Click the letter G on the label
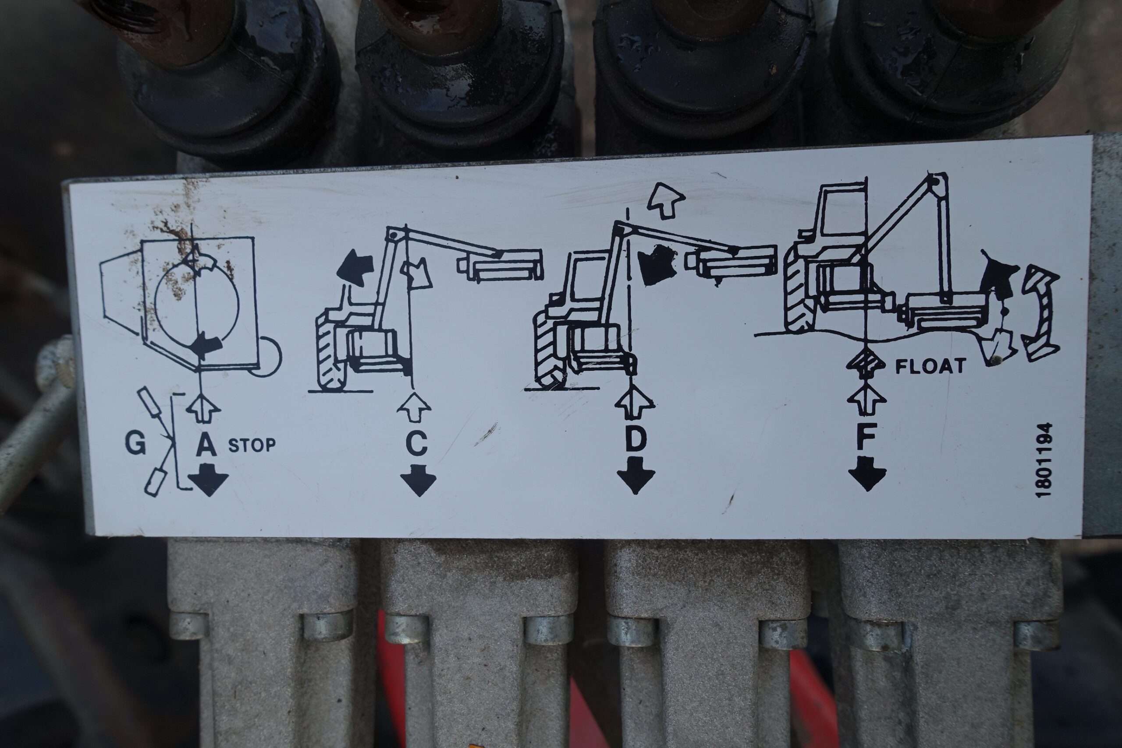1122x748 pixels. pos(135,443)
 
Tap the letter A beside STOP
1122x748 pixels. pos(206,446)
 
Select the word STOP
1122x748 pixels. pos(252,445)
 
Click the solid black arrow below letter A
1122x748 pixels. pos(208,481)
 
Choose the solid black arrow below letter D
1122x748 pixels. pos(636,475)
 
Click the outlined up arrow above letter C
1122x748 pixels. pos(414,407)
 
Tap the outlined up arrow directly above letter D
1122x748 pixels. pos(635,402)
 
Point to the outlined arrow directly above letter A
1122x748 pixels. pos(203,408)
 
